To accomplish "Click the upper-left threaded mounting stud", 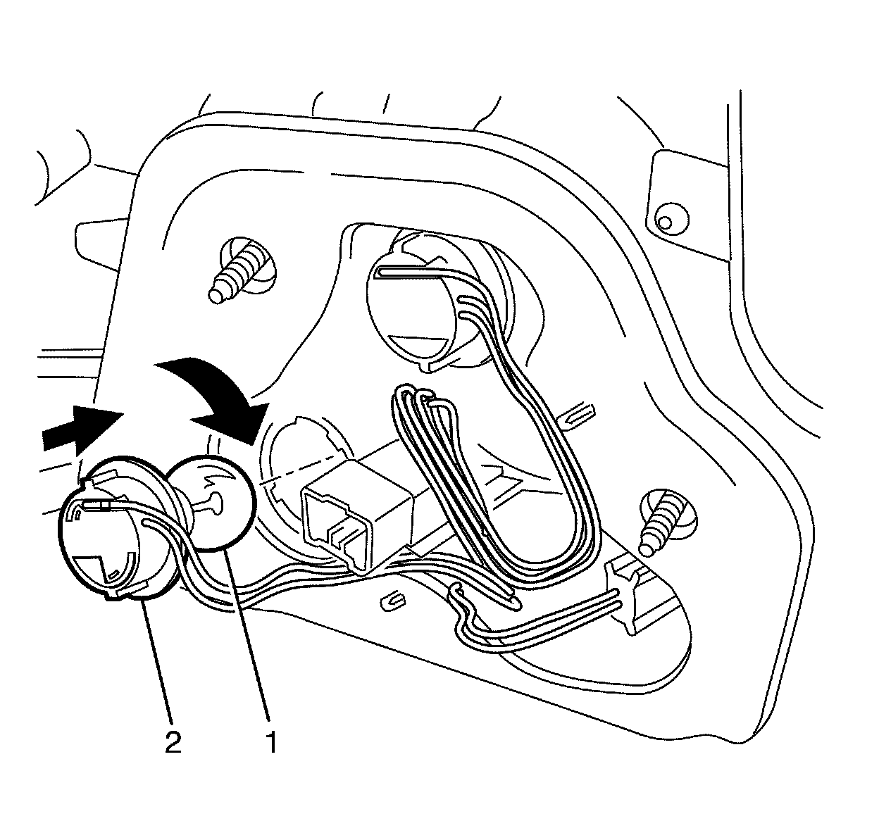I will click(x=239, y=271).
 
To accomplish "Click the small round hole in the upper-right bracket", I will click(x=663, y=223).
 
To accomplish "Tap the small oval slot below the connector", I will click(x=392, y=600).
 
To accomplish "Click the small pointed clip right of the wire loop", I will click(x=579, y=415).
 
